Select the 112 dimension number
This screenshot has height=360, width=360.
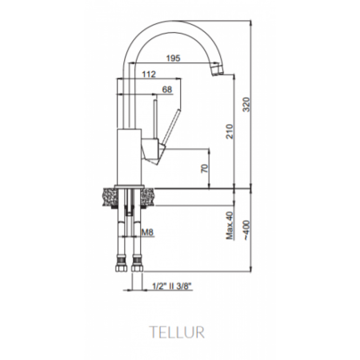(148, 74)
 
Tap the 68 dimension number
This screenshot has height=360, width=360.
(167, 90)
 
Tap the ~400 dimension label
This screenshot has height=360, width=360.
(246, 226)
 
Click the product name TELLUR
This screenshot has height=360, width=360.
(179, 330)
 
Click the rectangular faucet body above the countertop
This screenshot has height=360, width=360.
(130, 156)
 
